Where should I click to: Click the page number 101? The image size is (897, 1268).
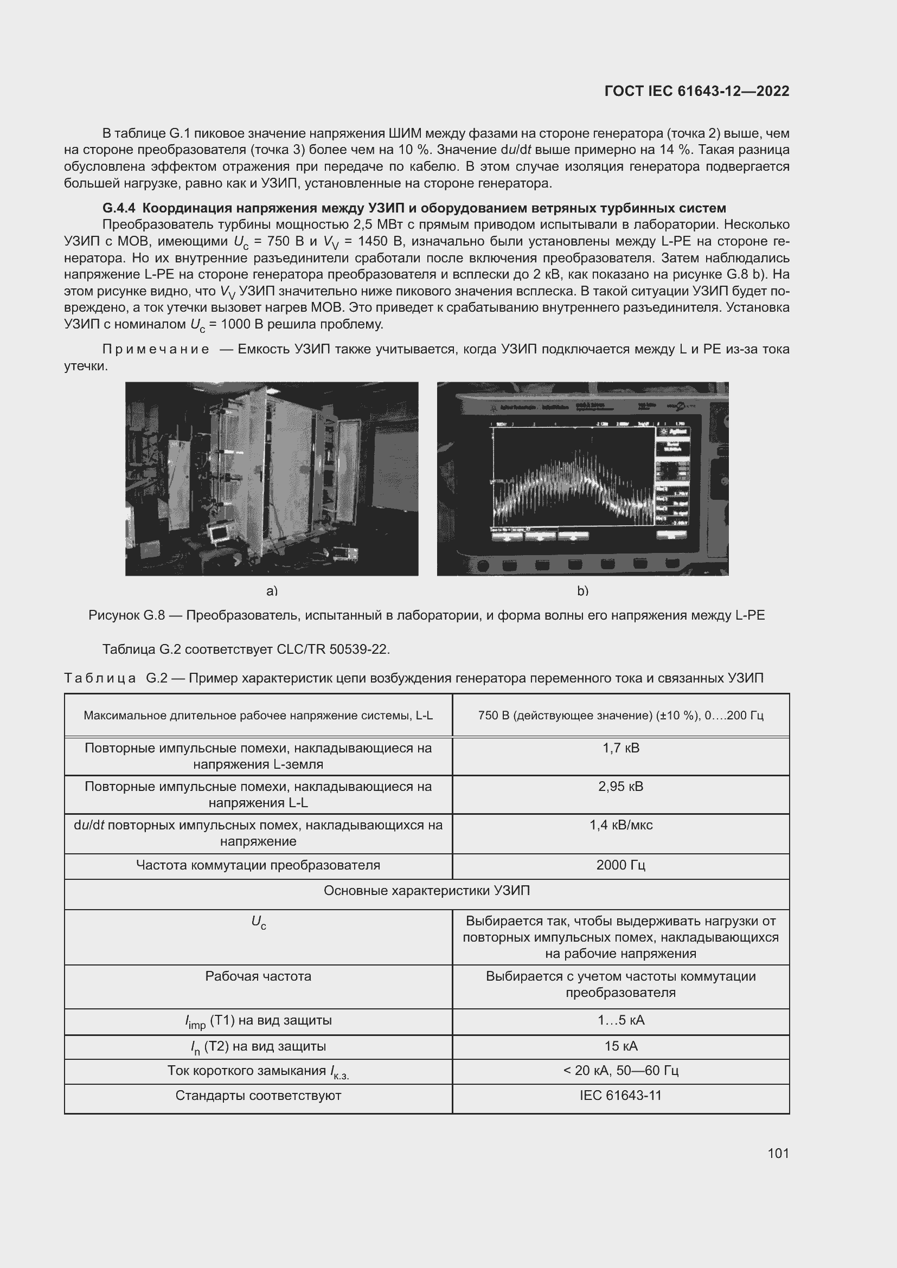(778, 1153)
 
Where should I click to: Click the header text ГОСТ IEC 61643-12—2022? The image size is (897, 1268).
(696, 91)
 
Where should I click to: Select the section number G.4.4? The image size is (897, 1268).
(119, 208)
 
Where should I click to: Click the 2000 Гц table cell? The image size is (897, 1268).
(620, 865)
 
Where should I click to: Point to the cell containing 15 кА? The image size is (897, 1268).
(620, 1046)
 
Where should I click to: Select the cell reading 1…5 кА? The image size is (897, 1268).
(620, 1020)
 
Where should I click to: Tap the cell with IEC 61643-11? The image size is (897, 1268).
(620, 1095)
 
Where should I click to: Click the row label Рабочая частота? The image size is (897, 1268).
(258, 976)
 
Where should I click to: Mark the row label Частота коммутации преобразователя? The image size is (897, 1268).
(258, 865)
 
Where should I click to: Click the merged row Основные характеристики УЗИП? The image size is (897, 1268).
(426, 890)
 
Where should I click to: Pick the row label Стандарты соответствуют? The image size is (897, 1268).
(258, 1095)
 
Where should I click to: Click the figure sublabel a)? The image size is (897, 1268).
(272, 591)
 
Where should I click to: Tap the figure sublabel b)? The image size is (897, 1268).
(582, 591)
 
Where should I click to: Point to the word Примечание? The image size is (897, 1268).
(156, 349)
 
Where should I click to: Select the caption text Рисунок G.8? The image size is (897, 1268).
(126, 615)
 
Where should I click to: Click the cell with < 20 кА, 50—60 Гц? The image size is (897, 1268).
(620, 1070)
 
